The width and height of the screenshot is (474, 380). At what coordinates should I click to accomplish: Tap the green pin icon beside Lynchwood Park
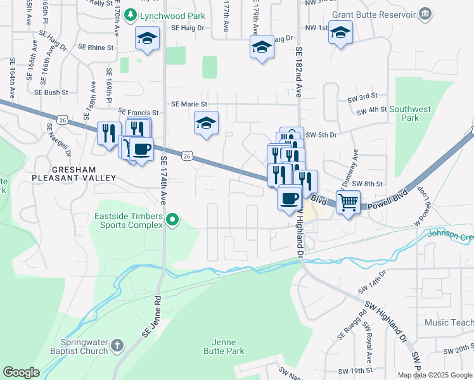tap(130, 14)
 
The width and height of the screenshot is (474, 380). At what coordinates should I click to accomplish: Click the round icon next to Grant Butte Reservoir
tap(425, 13)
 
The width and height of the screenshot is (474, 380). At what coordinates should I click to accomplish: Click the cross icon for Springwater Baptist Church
tap(116, 345)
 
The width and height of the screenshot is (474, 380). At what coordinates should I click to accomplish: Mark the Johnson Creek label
tap(451, 235)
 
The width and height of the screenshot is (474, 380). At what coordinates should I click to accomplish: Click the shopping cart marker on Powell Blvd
tap(348, 203)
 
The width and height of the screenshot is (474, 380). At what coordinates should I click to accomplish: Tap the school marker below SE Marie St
tap(206, 123)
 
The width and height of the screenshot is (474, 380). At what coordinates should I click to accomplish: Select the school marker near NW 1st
tap(340, 32)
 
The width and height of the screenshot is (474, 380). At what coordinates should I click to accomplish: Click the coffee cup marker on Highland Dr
tap(290, 198)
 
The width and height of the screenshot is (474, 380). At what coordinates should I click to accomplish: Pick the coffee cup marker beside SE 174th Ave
tap(141, 149)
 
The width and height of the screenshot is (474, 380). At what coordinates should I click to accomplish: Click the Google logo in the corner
tap(22, 372)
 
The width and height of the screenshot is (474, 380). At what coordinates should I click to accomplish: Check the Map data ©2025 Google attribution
tap(434, 375)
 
